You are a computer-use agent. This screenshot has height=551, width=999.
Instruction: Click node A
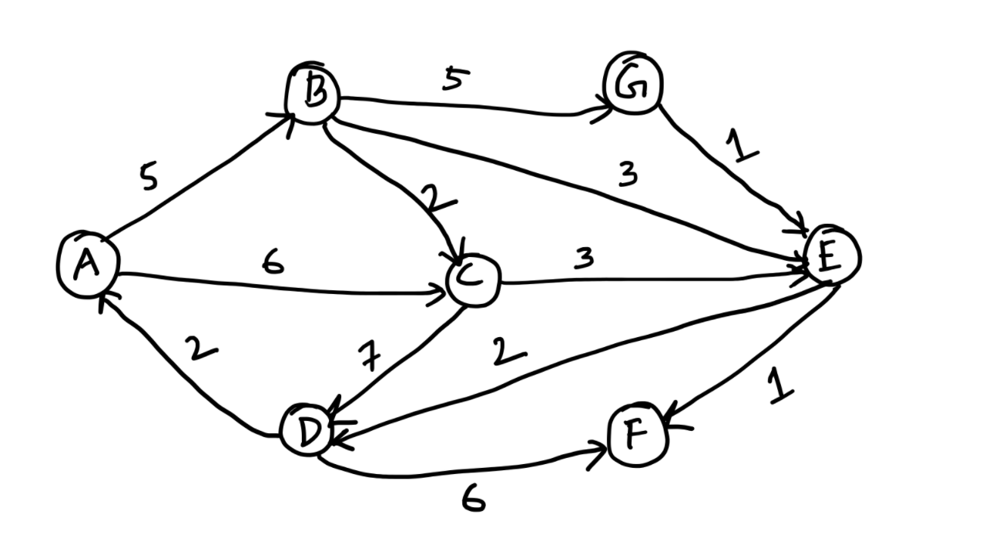coord(88,264)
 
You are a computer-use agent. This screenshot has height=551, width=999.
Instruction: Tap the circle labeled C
coord(473,280)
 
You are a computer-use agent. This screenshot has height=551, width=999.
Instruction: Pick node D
coord(307,432)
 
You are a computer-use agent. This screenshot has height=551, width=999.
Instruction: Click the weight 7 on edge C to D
coord(370,357)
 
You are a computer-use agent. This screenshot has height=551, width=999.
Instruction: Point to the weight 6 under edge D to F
coord(473,501)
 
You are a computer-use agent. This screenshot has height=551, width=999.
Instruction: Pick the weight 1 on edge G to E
coord(742,146)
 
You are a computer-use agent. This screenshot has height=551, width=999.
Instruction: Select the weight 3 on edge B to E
coord(628,176)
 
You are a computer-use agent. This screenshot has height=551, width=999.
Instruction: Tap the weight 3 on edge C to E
coord(584,259)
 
